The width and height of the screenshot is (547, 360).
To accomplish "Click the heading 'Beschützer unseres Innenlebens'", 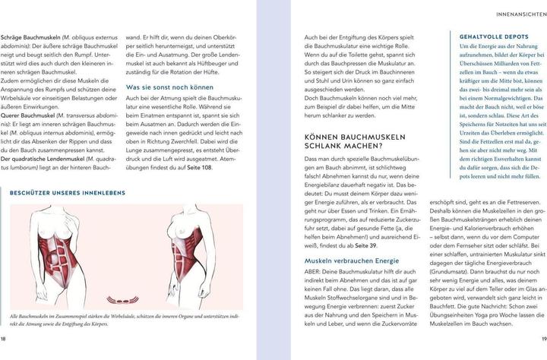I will [66, 193].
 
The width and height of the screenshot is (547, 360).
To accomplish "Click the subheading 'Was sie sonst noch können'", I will [170, 87].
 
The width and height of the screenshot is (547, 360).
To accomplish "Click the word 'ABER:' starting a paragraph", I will [315, 273].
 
